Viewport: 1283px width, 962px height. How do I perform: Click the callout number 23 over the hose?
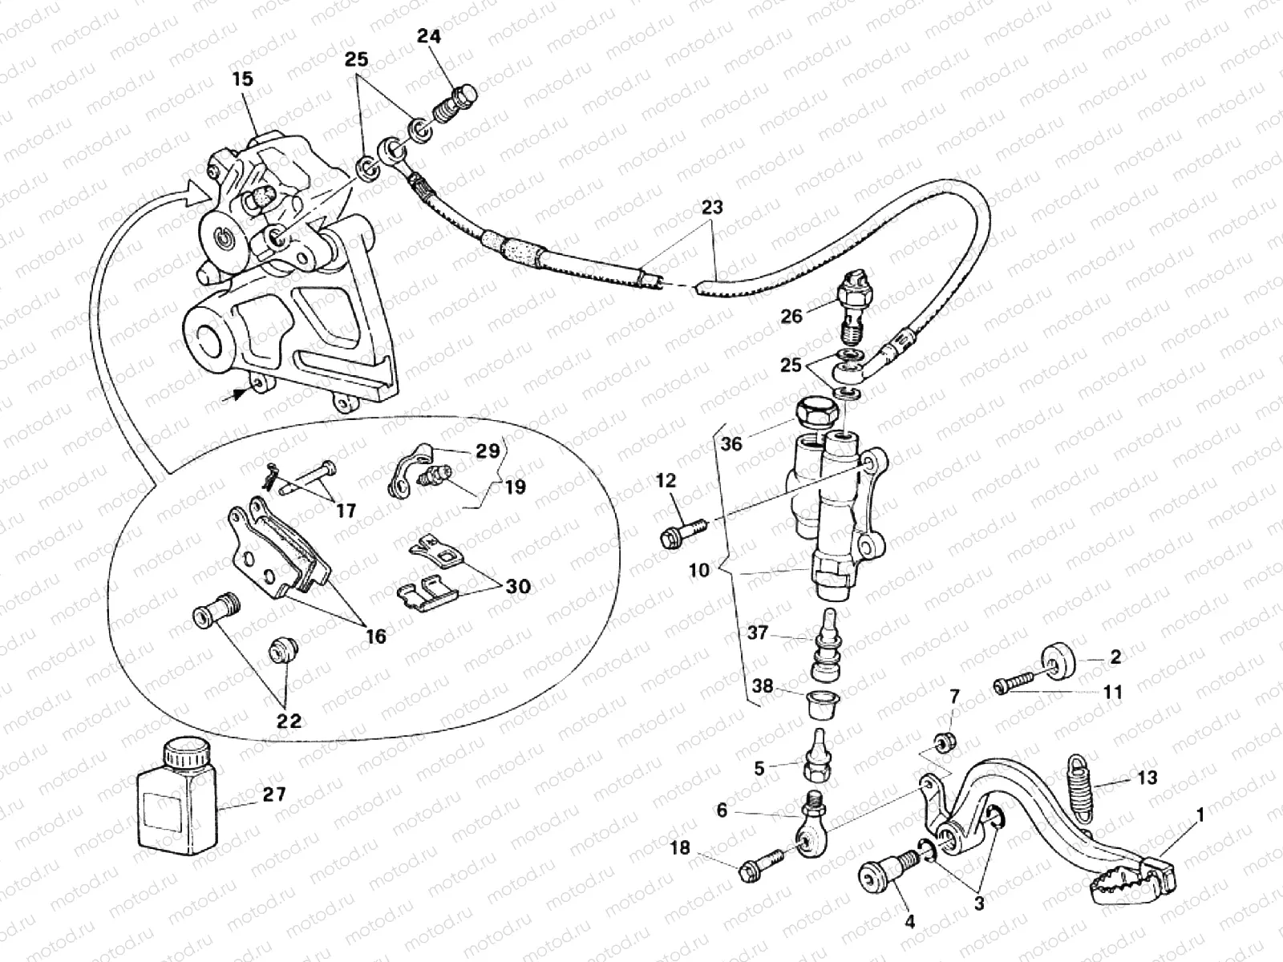tap(711, 208)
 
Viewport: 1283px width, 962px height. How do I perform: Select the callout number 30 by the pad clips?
tap(518, 587)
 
